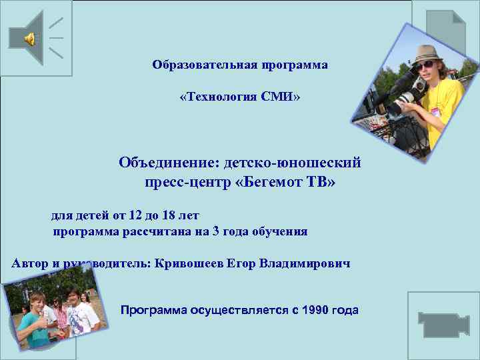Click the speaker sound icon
pyautogui.click(x=31, y=39)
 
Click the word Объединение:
pyautogui.click(x=169, y=163)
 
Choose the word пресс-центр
pyautogui.click(x=187, y=181)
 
